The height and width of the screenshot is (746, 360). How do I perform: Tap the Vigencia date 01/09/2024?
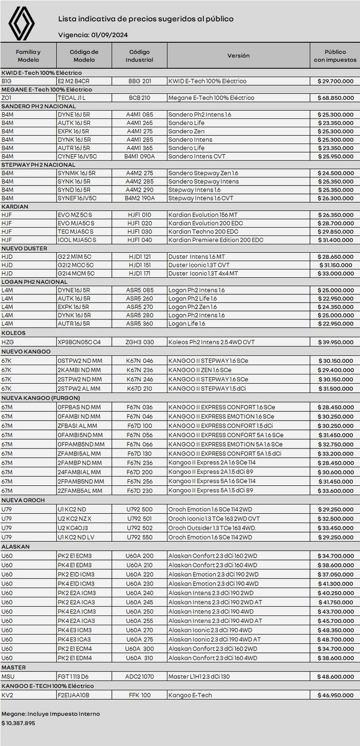point(110,35)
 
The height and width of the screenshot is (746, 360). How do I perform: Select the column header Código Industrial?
point(139,55)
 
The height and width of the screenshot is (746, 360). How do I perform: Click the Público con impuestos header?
point(335,55)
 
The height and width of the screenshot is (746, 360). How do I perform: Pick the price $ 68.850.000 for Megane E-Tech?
point(335,98)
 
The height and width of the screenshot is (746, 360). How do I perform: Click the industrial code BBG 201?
point(140,81)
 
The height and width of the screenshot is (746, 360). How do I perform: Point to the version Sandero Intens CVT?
point(197,156)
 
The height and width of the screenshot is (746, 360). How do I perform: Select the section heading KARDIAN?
point(15,207)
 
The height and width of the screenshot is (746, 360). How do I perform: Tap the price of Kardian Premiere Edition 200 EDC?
point(335,240)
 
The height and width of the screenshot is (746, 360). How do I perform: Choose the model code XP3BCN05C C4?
point(79,342)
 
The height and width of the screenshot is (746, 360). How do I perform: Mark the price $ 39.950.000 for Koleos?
point(335,342)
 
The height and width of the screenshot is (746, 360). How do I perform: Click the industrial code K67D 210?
point(140,388)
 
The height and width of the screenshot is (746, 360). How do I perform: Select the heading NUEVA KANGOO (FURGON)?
point(41,398)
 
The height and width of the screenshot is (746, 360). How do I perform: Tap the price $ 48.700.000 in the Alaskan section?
point(335,640)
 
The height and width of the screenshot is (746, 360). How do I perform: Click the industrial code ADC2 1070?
point(140,677)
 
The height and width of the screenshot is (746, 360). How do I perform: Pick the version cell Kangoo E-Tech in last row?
point(190,695)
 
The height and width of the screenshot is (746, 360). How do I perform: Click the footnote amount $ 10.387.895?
point(18,723)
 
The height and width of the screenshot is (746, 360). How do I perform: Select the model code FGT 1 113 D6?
point(73,677)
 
